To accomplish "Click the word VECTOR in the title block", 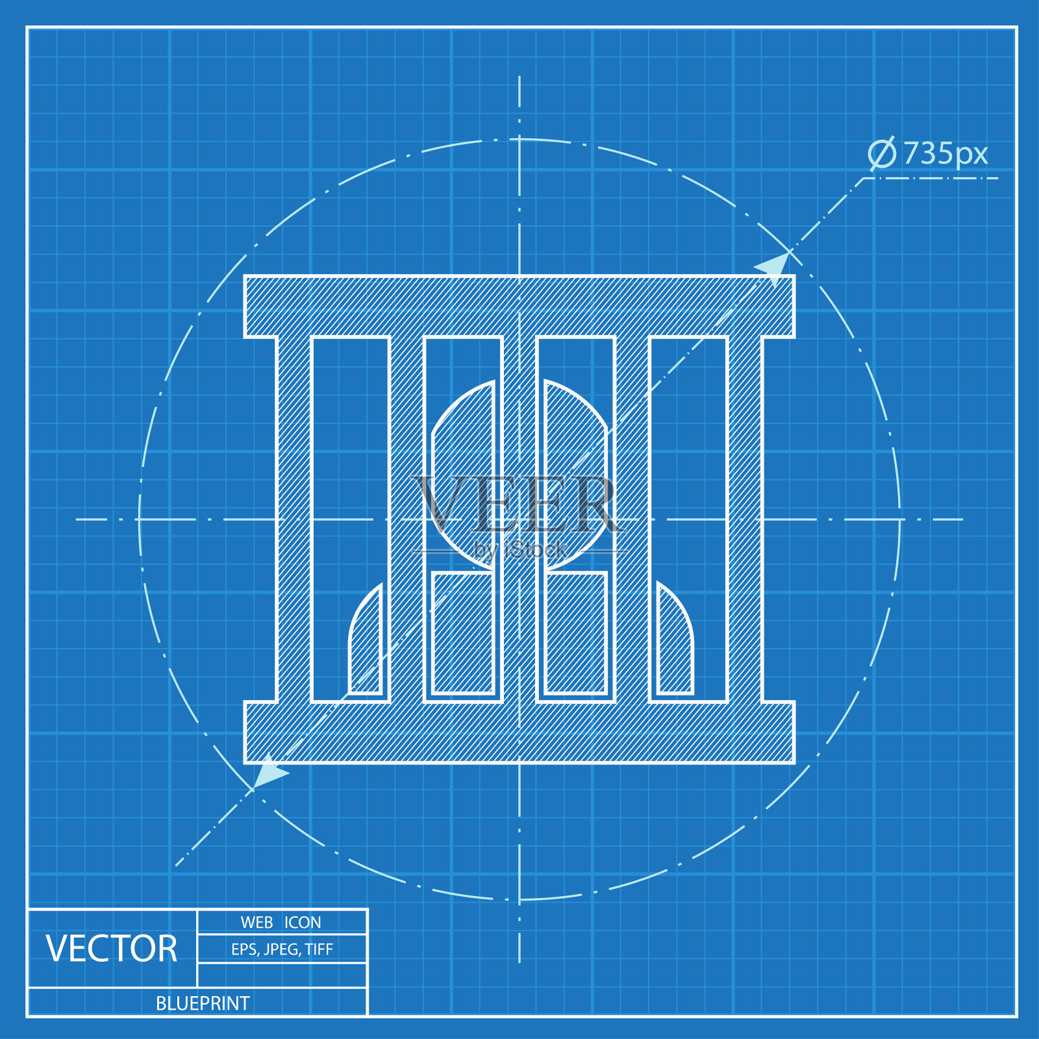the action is click(x=112, y=949).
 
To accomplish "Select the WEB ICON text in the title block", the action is click(x=281, y=922).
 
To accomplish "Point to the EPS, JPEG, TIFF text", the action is click(x=282, y=949).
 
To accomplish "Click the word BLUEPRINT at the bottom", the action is click(x=203, y=1003).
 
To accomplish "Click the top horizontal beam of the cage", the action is click(x=519, y=306).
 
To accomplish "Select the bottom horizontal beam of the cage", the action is click(x=519, y=732).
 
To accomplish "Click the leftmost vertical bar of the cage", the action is click(x=294, y=519).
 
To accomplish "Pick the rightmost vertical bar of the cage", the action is click(x=745, y=519).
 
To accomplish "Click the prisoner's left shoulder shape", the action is click(x=366, y=643).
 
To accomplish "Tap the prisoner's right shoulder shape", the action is click(x=675, y=643).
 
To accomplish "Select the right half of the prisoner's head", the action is click(x=575, y=474).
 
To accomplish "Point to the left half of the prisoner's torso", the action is click(x=463, y=633).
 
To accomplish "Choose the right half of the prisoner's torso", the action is click(x=576, y=633).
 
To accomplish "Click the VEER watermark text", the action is click(x=518, y=504).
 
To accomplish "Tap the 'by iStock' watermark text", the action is click(x=519, y=550).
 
